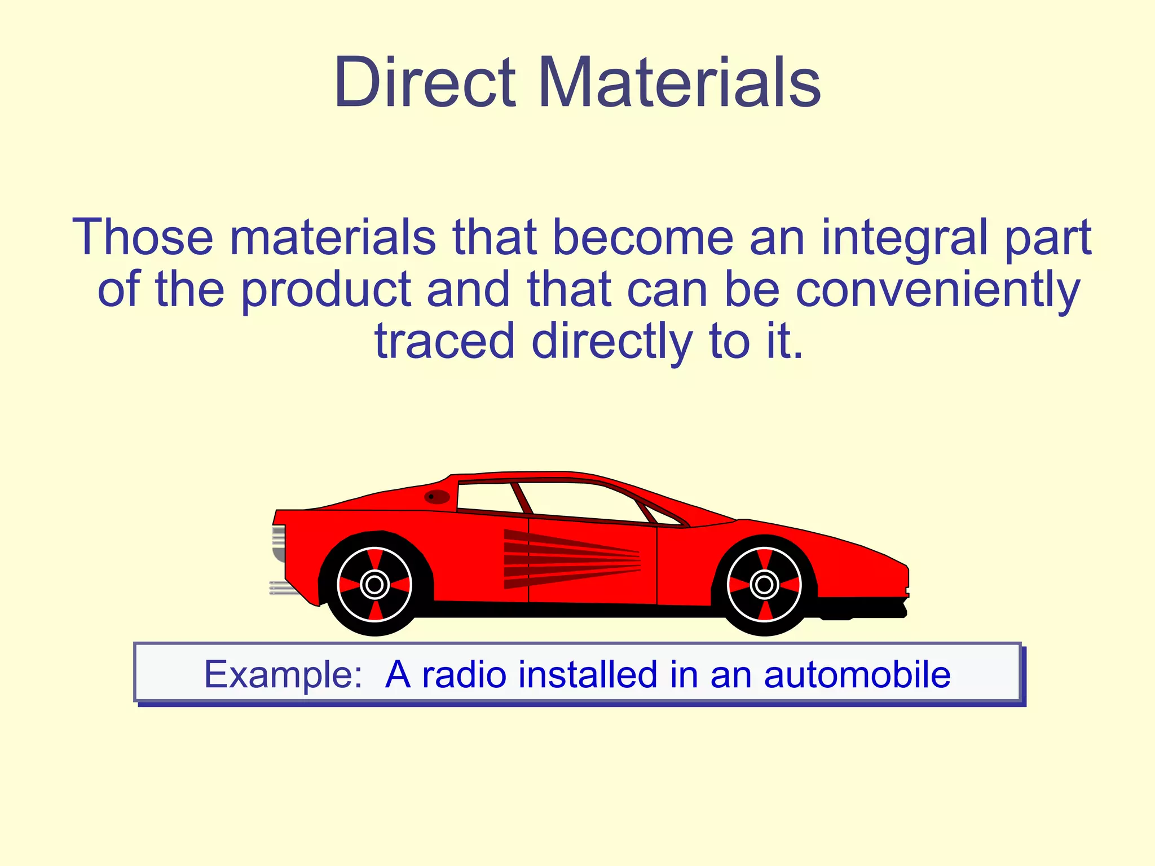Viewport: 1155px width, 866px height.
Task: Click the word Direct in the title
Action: tap(424, 83)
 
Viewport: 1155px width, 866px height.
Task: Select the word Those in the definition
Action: tap(143, 237)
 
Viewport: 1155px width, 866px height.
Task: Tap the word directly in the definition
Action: tap(611, 342)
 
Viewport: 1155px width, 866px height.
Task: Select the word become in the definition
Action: tap(643, 237)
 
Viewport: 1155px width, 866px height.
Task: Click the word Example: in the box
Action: tap(283, 674)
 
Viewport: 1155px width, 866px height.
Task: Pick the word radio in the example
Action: tap(464, 674)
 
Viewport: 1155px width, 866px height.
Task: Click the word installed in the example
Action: tap(588, 674)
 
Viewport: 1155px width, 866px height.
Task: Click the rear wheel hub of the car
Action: tap(374, 585)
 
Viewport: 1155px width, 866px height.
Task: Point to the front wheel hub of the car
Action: tap(764, 585)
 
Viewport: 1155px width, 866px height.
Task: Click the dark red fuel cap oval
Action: tap(437, 497)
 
